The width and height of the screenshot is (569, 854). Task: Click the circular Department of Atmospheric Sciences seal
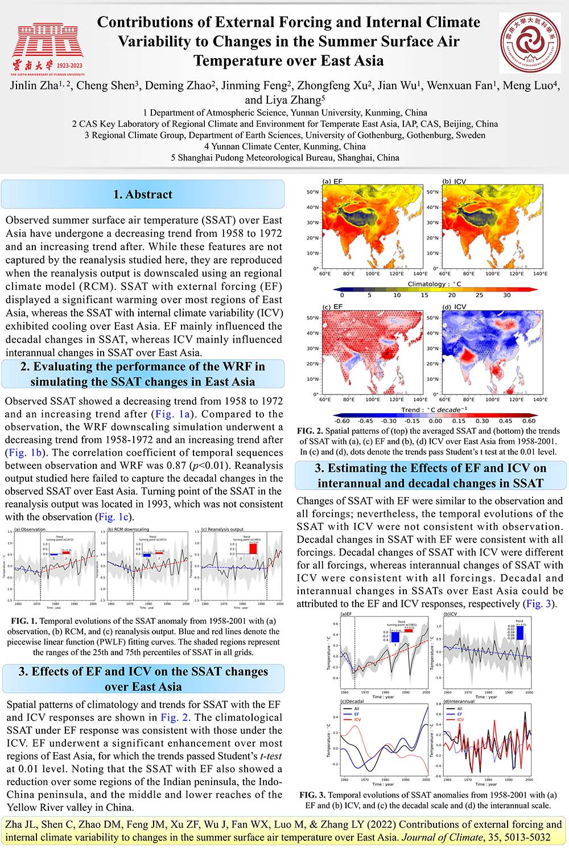click(x=530, y=44)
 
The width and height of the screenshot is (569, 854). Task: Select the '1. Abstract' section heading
click(x=142, y=194)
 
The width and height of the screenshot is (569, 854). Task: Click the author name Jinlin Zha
click(x=35, y=86)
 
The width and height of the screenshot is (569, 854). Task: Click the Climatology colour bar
click(x=435, y=289)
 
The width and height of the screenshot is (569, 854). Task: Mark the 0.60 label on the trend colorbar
click(x=529, y=421)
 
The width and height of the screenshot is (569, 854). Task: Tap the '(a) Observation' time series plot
click(x=55, y=566)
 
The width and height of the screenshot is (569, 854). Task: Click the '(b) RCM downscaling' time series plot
click(x=149, y=566)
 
